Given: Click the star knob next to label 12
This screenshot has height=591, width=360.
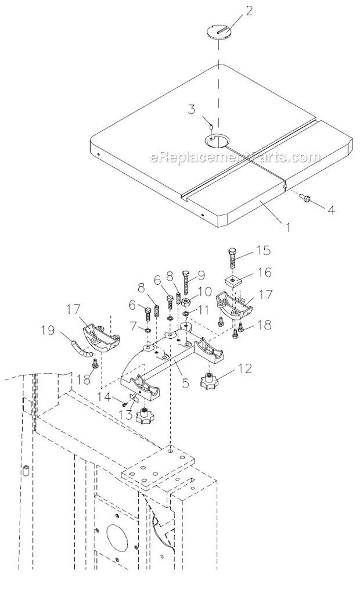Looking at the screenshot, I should [x=208, y=382].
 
